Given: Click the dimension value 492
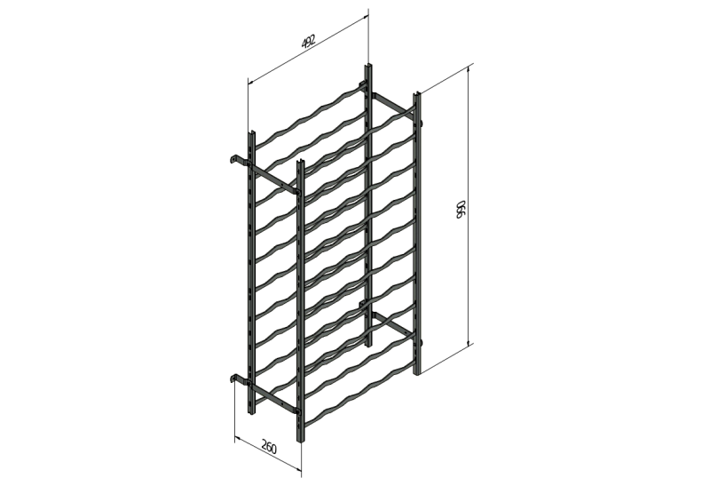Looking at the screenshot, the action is click(x=308, y=41).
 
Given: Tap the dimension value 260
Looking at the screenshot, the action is click(x=269, y=448).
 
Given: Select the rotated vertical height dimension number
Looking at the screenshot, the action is click(x=460, y=209).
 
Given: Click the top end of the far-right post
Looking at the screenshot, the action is click(x=417, y=94).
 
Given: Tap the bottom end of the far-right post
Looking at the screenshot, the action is click(x=417, y=373).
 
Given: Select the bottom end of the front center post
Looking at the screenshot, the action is click(x=301, y=440).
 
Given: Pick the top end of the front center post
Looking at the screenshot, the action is click(x=301, y=162).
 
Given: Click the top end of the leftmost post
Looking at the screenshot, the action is click(x=252, y=133).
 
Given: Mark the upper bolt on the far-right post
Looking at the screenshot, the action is click(x=422, y=123).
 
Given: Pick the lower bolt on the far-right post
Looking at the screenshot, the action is click(x=422, y=342).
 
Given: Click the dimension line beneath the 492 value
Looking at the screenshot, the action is click(x=308, y=49).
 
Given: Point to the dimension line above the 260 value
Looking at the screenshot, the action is click(x=268, y=456).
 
